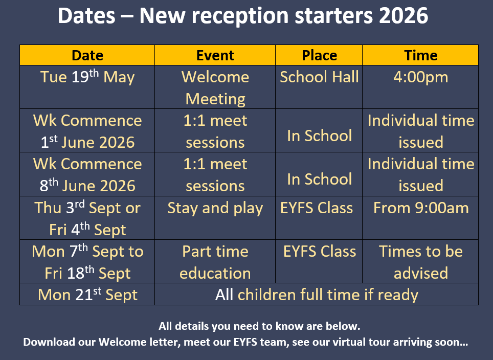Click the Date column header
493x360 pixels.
pos(87,55)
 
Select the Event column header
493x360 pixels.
pos(215,55)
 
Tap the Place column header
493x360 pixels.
pos(319,55)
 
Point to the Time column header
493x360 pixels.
pos(421,55)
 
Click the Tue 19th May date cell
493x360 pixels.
pos(87,87)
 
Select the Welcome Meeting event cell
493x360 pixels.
pos(215,87)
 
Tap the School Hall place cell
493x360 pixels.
pos(319,87)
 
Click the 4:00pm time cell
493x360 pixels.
pos(421,87)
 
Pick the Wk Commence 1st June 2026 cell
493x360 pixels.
pos(87,131)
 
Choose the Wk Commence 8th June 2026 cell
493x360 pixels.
pos(87,174)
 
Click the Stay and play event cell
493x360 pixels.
pos(215,218)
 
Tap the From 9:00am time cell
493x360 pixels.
pos(421,218)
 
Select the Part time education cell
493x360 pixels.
pos(215,262)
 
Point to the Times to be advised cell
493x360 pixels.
pos(421,262)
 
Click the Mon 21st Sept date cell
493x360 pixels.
pos(87,294)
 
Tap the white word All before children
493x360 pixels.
pos(224,295)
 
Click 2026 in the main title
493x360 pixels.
pos(404,15)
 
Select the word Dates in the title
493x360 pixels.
pos(86,15)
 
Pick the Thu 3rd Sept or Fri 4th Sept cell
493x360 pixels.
pos(87,218)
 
